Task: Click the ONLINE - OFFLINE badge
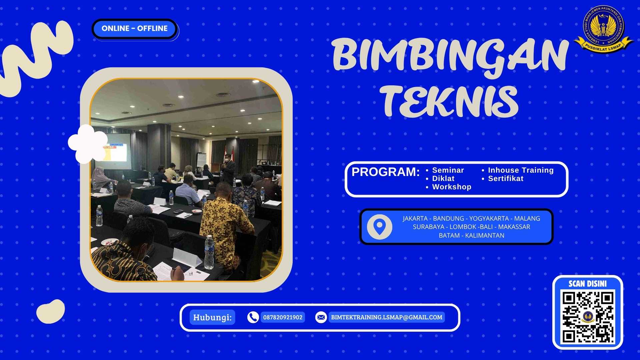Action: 134,29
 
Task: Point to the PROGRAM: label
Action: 385,172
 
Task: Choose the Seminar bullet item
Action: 448,170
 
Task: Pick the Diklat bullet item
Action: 443,179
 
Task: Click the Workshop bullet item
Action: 451,187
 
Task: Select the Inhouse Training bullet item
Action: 520,170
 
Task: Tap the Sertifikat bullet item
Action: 505,179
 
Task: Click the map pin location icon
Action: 379,227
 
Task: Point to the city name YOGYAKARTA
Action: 489,219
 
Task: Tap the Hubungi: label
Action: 212,317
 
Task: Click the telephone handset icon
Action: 253,317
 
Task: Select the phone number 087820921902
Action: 283,317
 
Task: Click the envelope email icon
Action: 321,317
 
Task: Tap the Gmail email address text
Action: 386,317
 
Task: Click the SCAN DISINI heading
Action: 587,284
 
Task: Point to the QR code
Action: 588,317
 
